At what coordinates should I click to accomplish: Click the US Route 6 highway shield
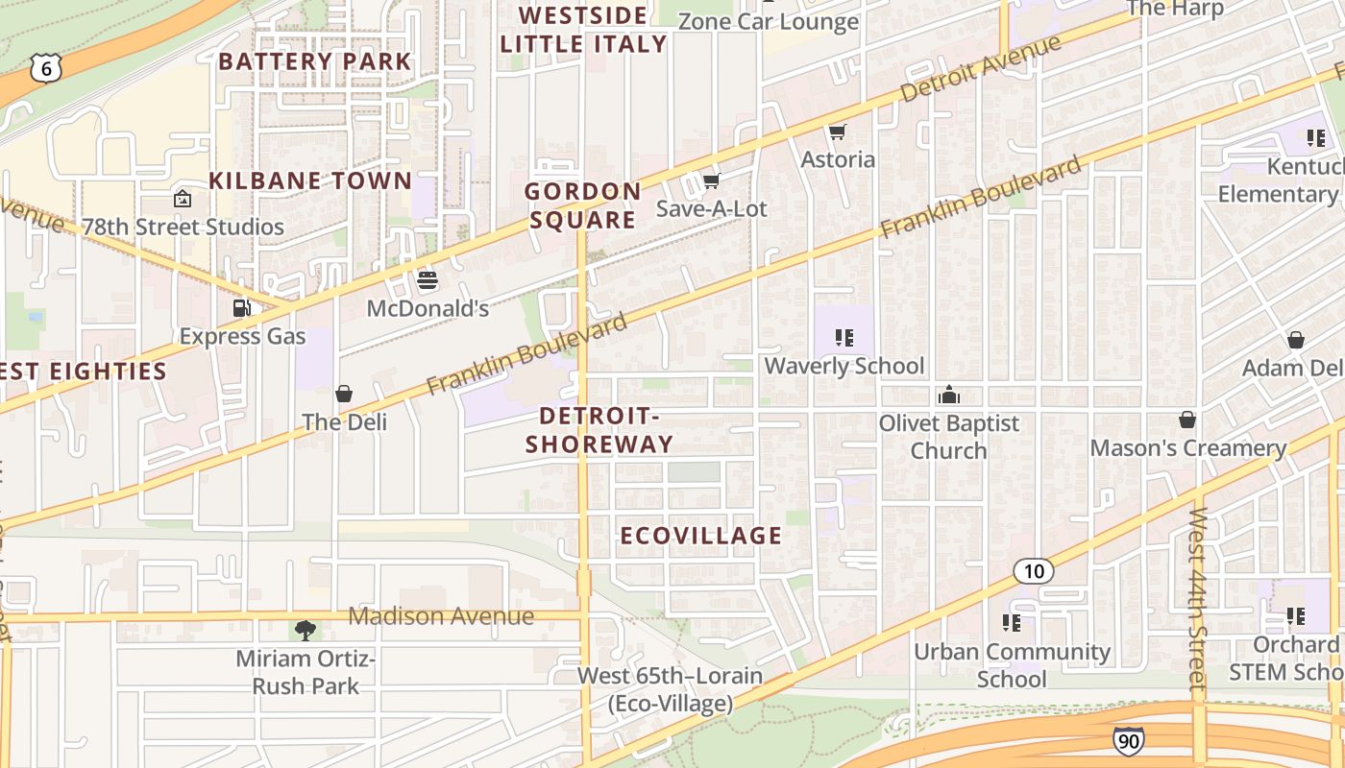[x=45, y=67]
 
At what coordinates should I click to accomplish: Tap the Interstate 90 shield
[x=1129, y=740]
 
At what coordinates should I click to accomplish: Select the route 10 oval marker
[x=1034, y=572]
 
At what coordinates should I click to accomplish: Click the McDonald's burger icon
[x=428, y=280]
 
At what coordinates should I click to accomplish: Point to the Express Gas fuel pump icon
[x=242, y=308]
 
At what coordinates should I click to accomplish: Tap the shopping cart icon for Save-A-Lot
[x=711, y=180]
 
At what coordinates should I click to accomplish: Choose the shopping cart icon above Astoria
[x=838, y=132]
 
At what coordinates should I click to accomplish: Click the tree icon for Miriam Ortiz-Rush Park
[x=306, y=631]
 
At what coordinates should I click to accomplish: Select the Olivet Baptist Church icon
[x=949, y=395]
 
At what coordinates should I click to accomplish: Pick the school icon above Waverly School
[x=844, y=337]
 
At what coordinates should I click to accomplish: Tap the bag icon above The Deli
[x=344, y=394]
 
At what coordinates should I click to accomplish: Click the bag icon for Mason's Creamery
[x=1187, y=420]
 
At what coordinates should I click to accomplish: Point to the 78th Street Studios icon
[x=182, y=199]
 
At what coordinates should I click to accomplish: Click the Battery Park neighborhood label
[x=315, y=61]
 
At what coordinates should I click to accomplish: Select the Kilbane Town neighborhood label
[x=310, y=180]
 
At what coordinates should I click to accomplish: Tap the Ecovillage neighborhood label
[x=701, y=536]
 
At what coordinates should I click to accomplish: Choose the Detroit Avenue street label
[x=981, y=68]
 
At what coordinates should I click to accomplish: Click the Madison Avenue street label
[x=441, y=616]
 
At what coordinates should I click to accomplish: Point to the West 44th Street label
[x=1197, y=600]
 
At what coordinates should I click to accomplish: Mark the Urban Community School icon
[x=1011, y=623]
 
